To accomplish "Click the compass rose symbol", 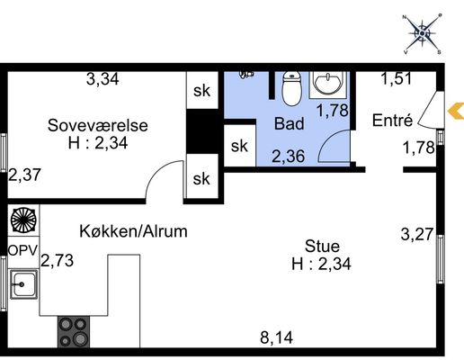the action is click(422, 33).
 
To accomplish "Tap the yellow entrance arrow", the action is click(456, 111).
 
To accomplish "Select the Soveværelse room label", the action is click(98, 125).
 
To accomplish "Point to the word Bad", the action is click(290, 123).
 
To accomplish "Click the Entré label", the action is click(392, 121).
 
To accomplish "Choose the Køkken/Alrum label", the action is click(133, 231).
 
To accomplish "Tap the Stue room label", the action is click(322, 247).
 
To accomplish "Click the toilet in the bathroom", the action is click(291, 88).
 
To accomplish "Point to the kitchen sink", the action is click(23, 284).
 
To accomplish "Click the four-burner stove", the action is click(74, 332).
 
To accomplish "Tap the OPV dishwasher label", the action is click(23, 251).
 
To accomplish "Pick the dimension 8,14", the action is click(276, 337).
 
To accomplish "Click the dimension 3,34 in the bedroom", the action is click(103, 79).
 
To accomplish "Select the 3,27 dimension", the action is click(417, 234).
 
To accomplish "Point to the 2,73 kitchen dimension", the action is click(58, 260).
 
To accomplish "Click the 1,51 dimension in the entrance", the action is click(397, 78).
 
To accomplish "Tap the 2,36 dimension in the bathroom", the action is click(289, 157).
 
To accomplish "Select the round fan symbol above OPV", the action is click(23, 220).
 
